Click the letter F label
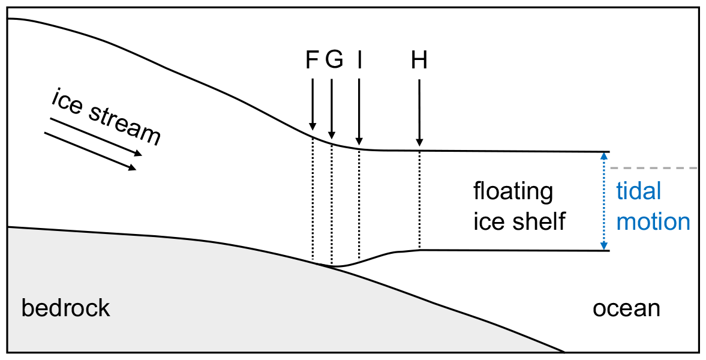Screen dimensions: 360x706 point(311,60)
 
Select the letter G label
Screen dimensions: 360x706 point(334,60)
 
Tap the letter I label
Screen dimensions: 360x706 point(359,60)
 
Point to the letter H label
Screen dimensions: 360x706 point(419,60)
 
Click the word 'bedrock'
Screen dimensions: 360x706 point(66,308)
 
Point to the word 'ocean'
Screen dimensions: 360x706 point(626,308)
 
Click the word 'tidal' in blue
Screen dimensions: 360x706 point(639,191)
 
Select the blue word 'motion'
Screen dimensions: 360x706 point(653,221)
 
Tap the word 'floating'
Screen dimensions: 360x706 point(513,192)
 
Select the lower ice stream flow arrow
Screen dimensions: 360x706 point(90,151)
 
